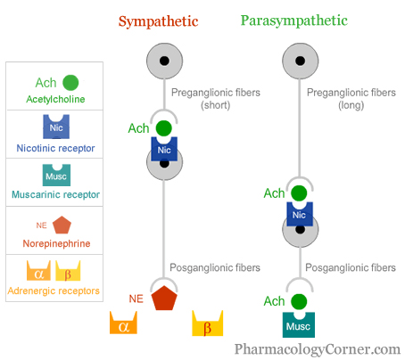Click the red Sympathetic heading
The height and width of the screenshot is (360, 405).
coord(158,21)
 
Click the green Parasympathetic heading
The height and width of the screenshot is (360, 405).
coord(294,21)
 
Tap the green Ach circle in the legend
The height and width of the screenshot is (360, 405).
coord(70,83)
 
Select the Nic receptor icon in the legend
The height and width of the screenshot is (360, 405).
coord(56,127)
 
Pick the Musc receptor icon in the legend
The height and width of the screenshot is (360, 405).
coord(56,175)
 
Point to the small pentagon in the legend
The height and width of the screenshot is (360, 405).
coord(62,225)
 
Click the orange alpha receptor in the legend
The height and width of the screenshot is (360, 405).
coord(38,271)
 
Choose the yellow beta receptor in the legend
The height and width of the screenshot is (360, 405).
coord(68,271)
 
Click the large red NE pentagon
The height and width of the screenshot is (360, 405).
coord(164,299)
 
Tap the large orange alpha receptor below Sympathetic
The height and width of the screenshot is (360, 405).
coord(123,323)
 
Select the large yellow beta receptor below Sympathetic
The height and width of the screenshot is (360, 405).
coord(208,323)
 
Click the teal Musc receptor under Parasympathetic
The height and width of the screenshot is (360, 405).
coord(299,324)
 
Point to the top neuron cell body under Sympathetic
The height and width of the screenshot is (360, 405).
coord(164,61)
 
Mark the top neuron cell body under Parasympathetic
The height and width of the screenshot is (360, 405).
coord(301,61)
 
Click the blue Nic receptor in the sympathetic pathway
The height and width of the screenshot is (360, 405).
coord(164,149)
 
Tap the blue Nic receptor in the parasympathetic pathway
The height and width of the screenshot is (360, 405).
coord(300,214)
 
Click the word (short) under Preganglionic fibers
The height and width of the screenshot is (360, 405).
coord(216,105)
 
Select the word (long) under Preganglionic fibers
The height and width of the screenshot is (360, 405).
coord(351,105)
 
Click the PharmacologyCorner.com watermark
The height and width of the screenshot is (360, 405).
coord(318,349)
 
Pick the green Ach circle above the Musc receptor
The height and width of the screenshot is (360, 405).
coord(299,301)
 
